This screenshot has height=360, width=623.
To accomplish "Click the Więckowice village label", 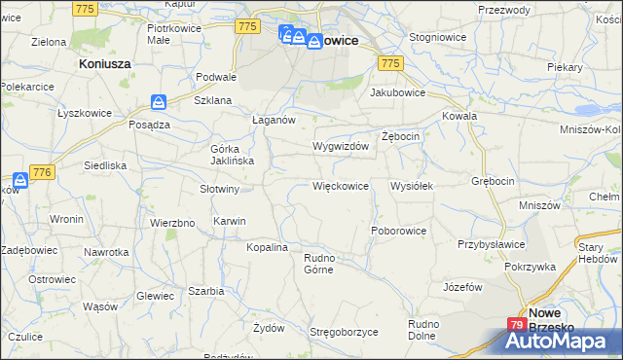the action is tap(340, 185).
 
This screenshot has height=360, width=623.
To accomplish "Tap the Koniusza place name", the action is tap(104, 62).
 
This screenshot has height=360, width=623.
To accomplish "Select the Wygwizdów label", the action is tap(340, 146).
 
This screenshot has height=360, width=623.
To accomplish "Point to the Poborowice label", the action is tap(399, 231).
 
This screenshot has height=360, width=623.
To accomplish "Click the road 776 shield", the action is tap(41, 171).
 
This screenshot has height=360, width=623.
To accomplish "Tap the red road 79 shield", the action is tap(516, 325).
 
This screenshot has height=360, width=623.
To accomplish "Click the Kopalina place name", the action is tap(267, 248).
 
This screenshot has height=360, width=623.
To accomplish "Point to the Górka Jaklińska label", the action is tap(232, 155).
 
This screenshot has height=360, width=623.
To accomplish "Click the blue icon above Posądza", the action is tap(159, 101).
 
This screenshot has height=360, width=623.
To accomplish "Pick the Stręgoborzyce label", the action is tap(344, 332).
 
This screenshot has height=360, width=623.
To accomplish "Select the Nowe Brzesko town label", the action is tap(557, 320).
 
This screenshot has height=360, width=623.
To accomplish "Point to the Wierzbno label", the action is tap(172, 222).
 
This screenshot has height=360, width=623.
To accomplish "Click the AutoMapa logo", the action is tap(563, 340).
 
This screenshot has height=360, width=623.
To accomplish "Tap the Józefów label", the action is tap(462, 287).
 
